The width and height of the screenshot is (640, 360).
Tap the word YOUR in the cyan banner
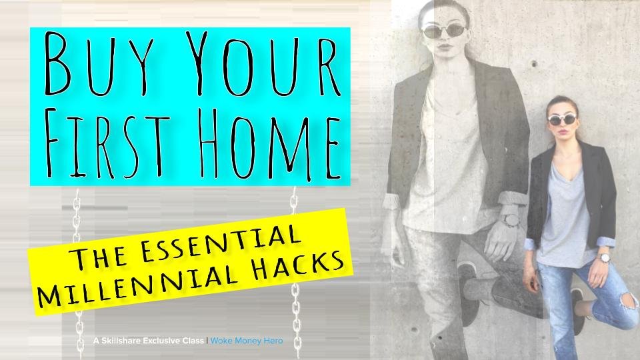pos(261,63)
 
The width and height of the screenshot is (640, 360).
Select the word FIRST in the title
pos(107,143)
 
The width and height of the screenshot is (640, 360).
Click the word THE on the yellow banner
pos(98,256)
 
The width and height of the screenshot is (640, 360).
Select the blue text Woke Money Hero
pos(247,341)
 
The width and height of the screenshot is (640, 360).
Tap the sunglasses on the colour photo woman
pos(562,119)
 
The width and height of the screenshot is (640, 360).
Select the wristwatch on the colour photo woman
pos(604,258)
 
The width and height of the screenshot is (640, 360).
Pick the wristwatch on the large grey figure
pos(510,219)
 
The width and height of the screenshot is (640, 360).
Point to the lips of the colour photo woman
pos(563,132)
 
